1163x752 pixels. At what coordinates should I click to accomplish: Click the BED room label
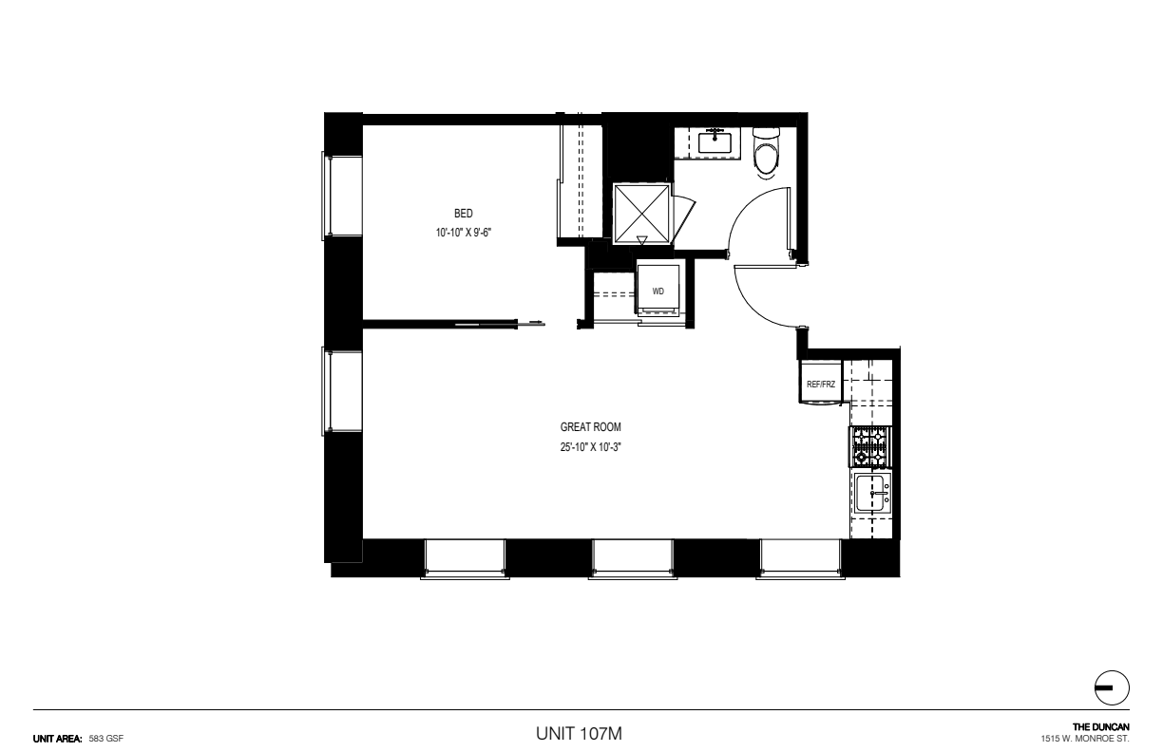[463, 214]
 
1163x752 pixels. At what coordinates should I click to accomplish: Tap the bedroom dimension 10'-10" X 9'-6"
[463, 233]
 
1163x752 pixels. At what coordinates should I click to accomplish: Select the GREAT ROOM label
[590, 427]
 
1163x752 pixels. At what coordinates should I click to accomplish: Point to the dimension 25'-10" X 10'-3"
[590, 447]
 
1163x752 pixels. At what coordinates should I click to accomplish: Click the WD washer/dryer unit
[658, 291]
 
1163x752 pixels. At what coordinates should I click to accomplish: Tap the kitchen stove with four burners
[870, 446]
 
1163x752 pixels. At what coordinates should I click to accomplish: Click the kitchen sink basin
[871, 493]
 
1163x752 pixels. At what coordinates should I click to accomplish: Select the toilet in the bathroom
[767, 153]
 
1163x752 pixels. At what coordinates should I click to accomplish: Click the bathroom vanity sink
[715, 142]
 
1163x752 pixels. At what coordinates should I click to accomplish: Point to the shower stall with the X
[641, 214]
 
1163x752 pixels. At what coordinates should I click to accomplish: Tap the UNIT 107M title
[579, 734]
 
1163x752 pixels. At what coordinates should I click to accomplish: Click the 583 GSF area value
[106, 739]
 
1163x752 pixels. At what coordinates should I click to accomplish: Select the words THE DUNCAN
[1101, 727]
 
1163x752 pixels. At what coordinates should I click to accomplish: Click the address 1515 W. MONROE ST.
[1085, 739]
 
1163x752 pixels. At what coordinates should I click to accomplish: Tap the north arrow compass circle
[1112, 687]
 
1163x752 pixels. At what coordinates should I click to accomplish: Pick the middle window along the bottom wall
[633, 559]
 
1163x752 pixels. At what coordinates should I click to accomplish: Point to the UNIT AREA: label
[58, 739]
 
